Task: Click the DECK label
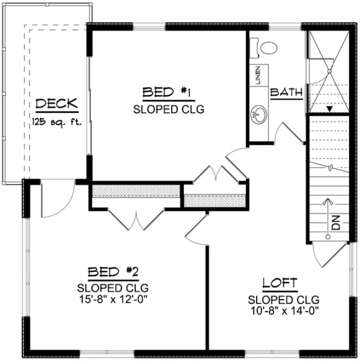click(57, 104)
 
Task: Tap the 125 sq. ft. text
click(57, 121)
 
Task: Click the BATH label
click(286, 92)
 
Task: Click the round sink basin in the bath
click(258, 115)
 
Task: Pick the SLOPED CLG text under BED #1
click(161, 109)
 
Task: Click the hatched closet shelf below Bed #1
click(135, 191)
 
